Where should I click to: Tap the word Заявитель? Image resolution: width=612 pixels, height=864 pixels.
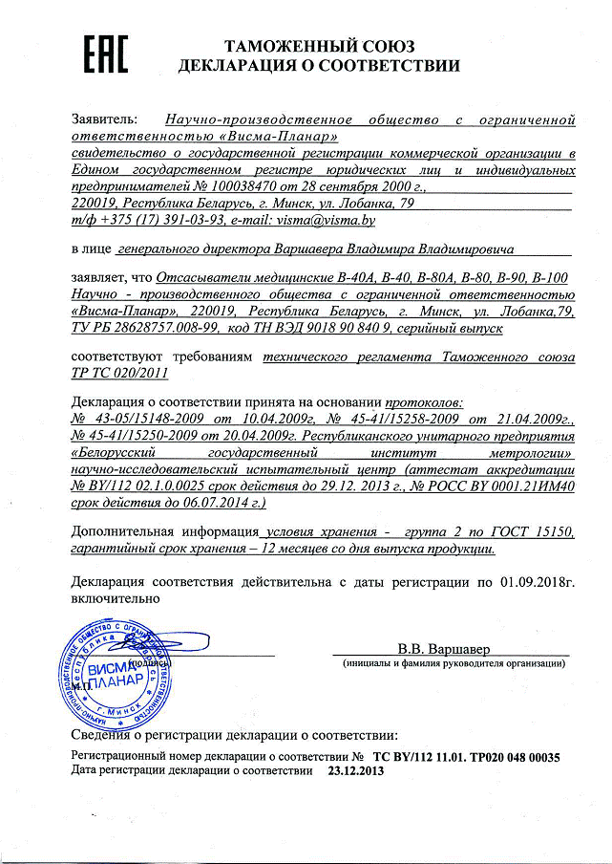tap(104, 120)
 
